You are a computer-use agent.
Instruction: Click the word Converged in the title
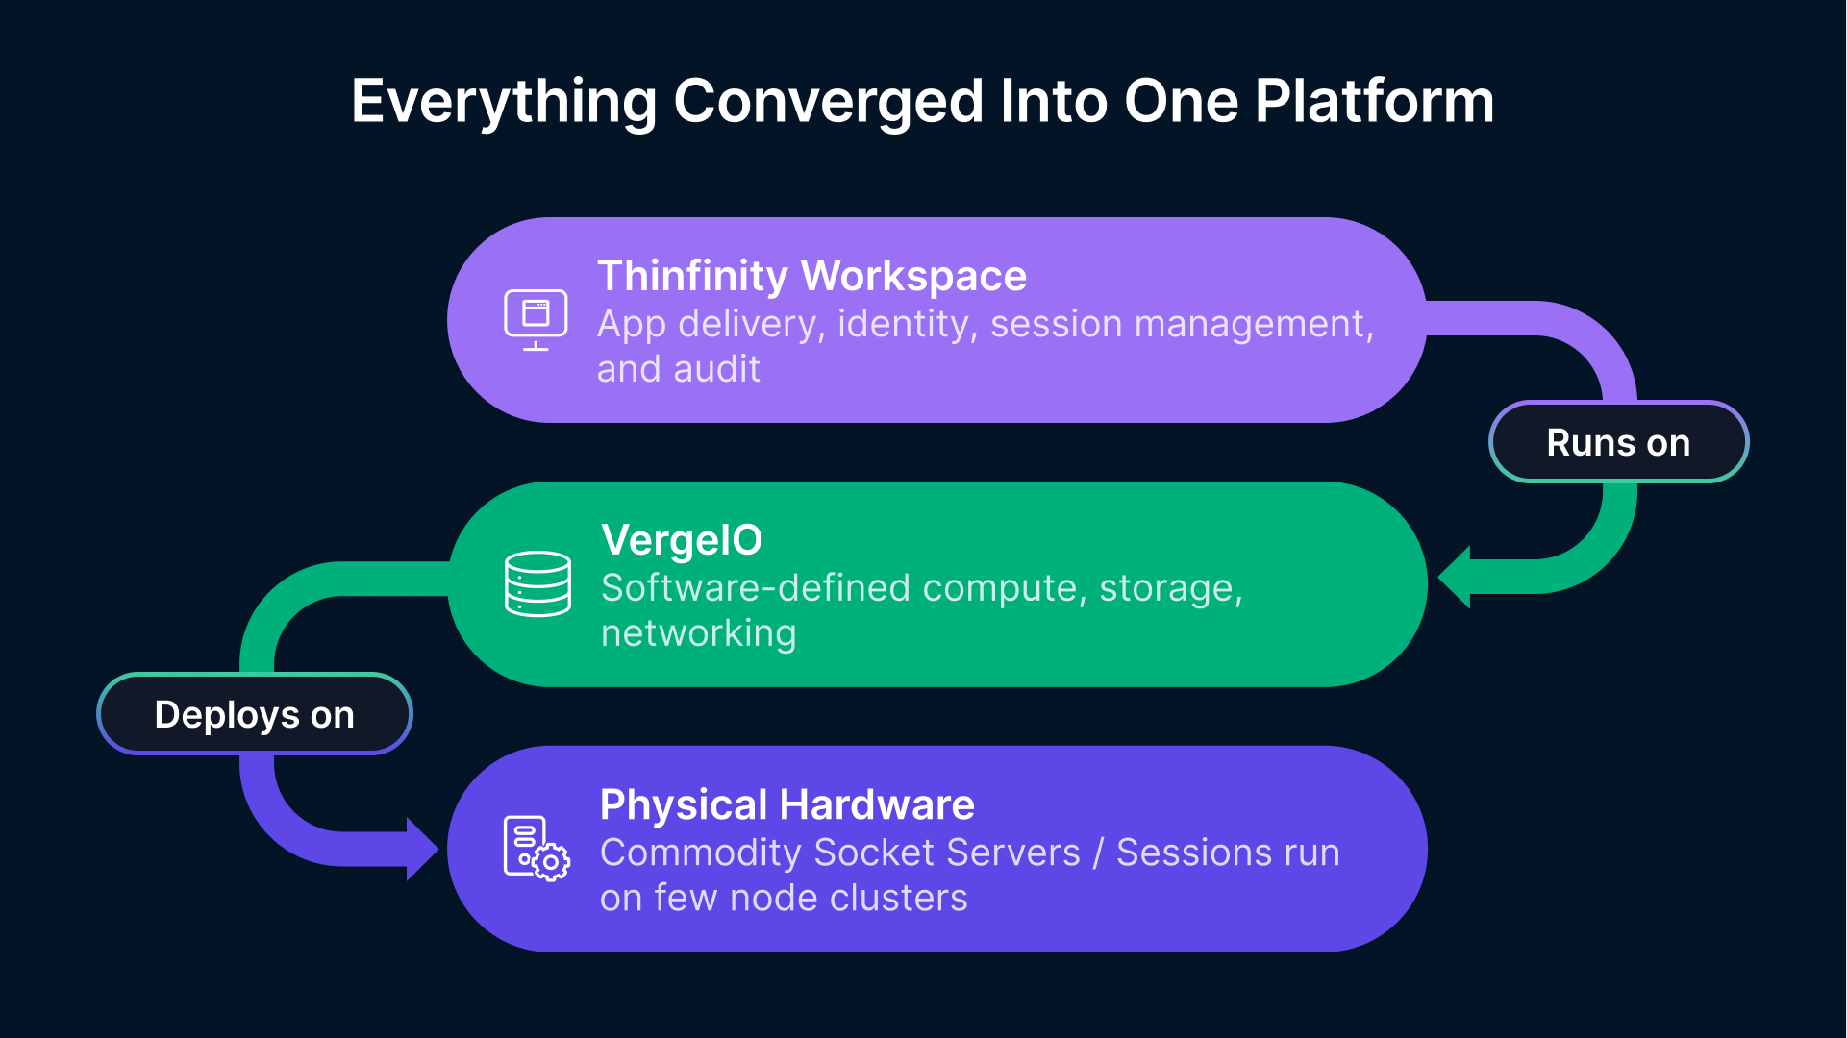(828, 101)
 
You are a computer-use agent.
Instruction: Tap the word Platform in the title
(1374, 101)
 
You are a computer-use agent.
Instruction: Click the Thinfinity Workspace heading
(811, 276)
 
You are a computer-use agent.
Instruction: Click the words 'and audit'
(678, 369)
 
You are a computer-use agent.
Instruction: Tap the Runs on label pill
(1618, 442)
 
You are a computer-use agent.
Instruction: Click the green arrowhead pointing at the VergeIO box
(1456, 578)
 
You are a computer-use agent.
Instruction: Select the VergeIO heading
(682, 540)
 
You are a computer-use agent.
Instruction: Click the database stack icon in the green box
(537, 583)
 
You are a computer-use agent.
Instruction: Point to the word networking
(698, 633)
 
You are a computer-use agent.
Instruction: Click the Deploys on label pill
(255, 714)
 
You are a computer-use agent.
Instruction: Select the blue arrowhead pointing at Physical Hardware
(421, 849)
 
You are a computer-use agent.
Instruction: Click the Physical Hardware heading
(786, 804)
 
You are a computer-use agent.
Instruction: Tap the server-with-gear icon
(536, 849)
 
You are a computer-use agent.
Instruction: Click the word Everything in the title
(504, 101)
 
